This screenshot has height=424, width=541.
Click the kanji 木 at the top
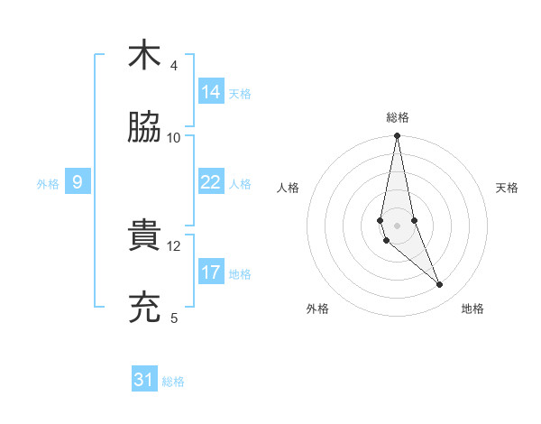143,55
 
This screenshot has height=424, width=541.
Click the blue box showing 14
211,92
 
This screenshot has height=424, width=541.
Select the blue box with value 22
211,182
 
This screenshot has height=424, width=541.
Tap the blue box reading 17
211,272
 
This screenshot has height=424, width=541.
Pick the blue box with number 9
78,182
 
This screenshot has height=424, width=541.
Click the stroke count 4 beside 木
174,66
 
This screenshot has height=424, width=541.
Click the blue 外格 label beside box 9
48,184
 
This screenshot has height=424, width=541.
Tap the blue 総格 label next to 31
173,382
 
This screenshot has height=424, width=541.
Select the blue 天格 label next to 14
240,94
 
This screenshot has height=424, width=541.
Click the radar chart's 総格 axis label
397,117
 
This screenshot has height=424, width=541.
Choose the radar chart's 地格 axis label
472,309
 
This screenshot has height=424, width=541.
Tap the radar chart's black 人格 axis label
289,188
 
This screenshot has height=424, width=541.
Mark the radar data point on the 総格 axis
397,136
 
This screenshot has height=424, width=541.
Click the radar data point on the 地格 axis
440,285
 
